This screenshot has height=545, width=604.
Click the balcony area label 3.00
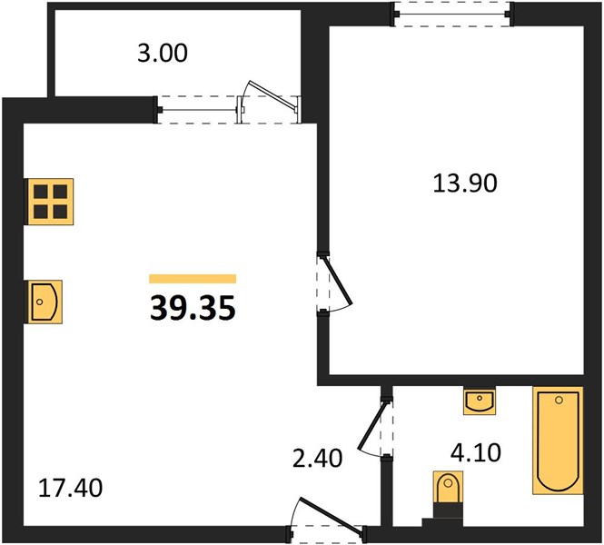[163, 54]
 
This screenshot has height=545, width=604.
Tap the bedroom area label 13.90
[465, 183]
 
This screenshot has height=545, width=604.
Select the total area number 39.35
[193, 308]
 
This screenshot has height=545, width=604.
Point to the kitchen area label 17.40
[71, 488]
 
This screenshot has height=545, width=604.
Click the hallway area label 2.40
[317, 459]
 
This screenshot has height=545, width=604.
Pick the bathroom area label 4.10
[476, 452]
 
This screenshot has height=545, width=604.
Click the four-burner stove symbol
[49, 202]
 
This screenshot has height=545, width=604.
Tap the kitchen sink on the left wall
[44, 302]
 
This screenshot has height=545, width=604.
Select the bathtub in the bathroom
[558, 441]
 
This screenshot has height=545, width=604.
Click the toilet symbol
[448, 487]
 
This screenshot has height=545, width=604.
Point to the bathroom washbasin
[480, 401]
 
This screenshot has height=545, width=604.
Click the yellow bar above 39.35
[193, 279]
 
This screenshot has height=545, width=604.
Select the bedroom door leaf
[338, 280]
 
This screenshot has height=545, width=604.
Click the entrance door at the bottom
[332, 517]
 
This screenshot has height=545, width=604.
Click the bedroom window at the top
[452, 15]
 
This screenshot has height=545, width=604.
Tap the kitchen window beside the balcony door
[198, 110]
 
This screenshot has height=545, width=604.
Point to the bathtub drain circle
[559, 401]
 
